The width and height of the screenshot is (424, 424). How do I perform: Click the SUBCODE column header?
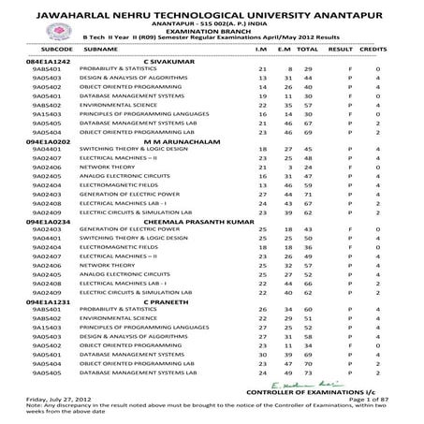coord(44,44)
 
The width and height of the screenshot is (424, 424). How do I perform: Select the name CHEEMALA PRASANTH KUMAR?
coord(193,221)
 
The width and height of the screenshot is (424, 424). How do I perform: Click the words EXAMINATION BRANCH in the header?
coord(212,29)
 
